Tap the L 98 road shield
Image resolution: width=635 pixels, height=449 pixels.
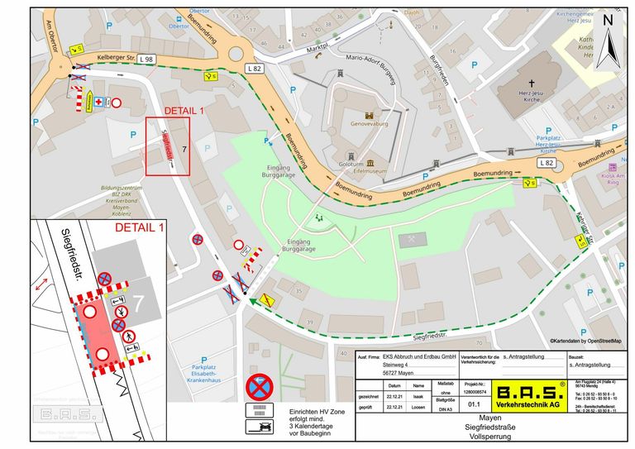pyautogui.click(x=146, y=59)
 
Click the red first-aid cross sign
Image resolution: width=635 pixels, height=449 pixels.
pyautogui.click(x=99, y=102)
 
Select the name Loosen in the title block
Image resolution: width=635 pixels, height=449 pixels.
pyautogui.click(x=419, y=407)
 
